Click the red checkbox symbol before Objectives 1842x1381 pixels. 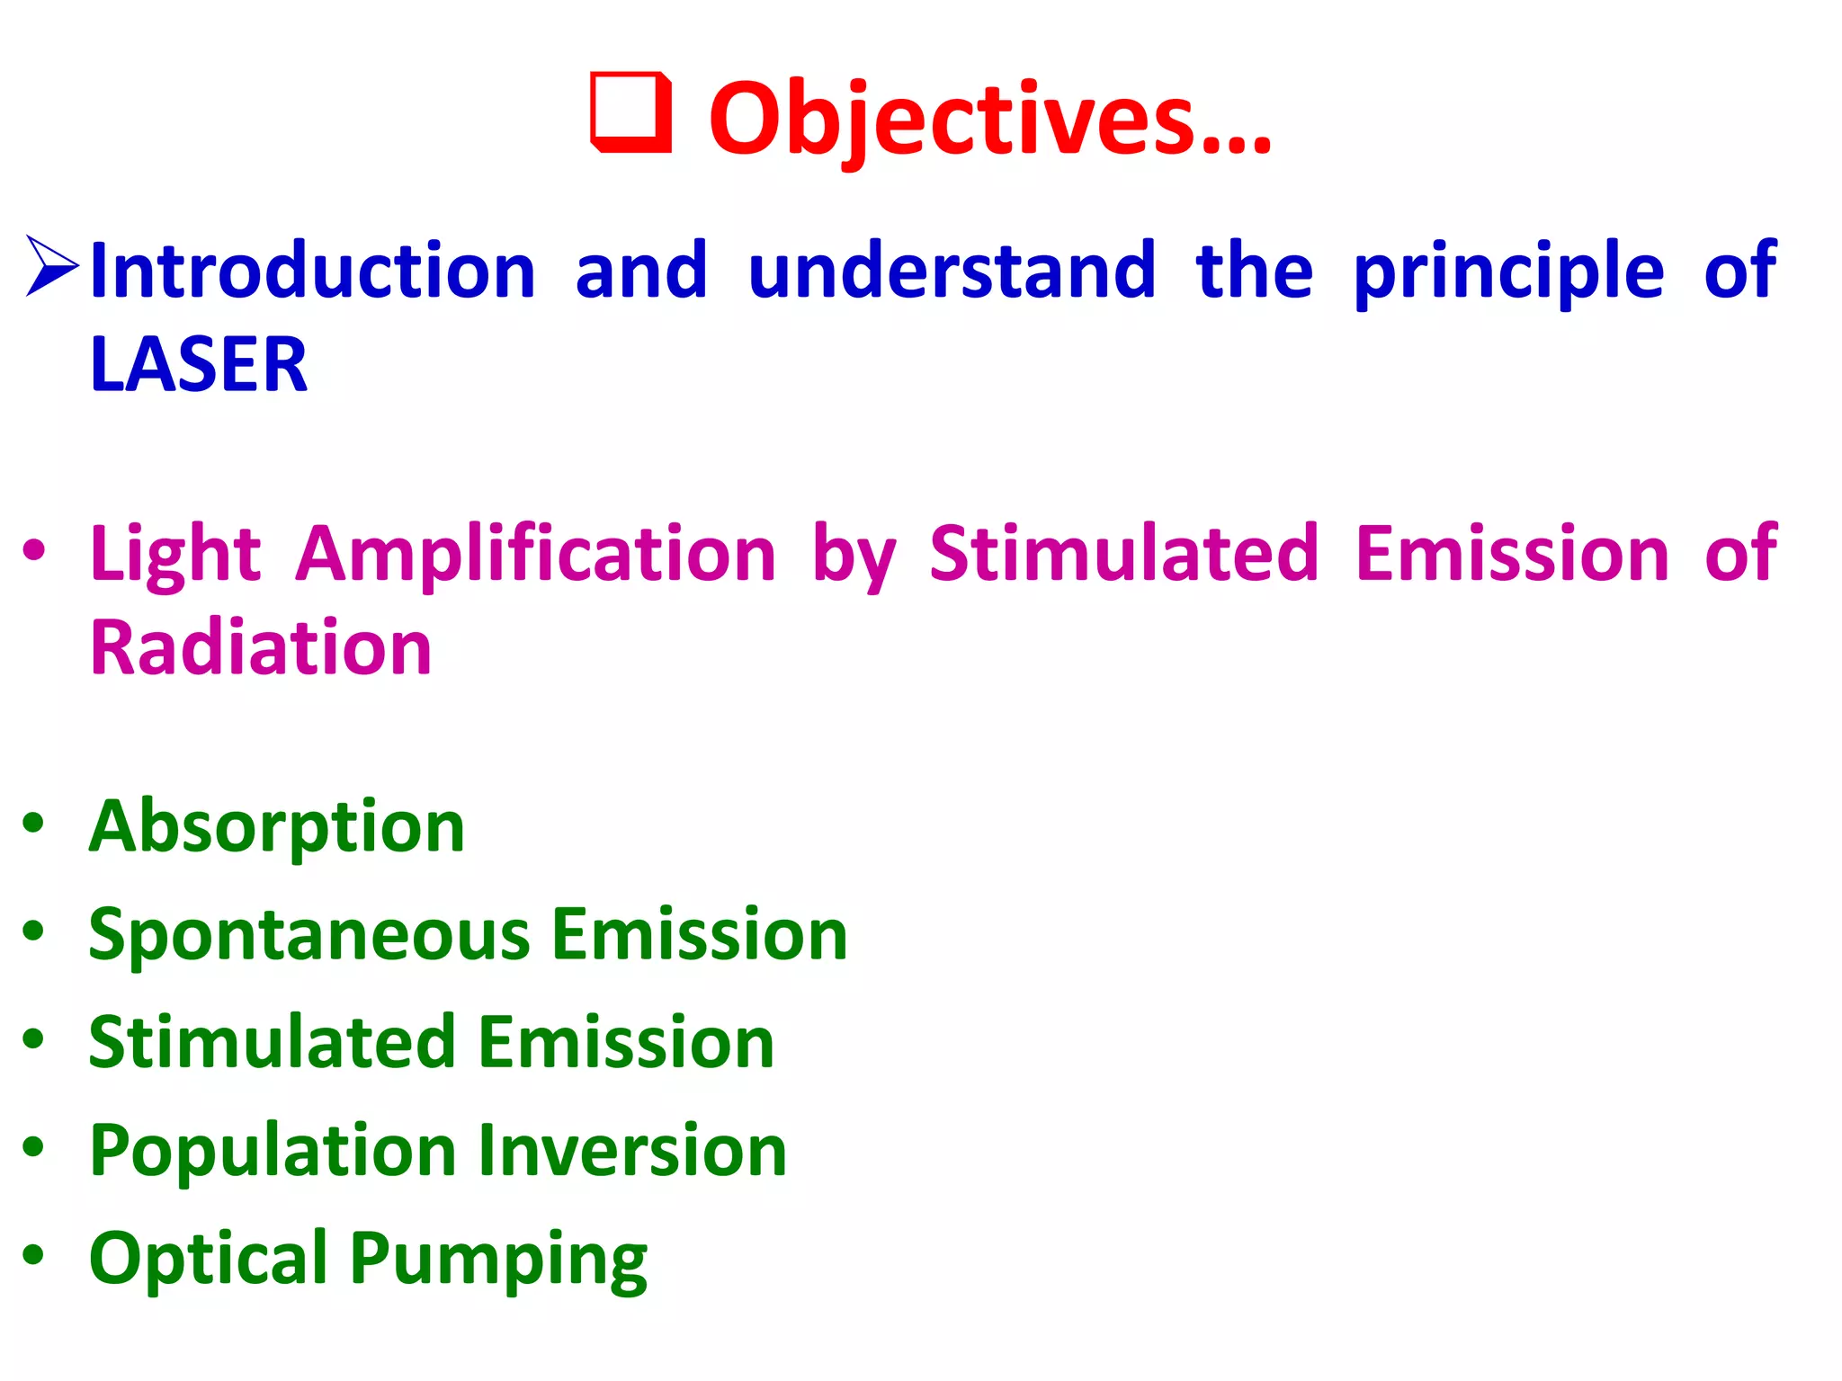630,113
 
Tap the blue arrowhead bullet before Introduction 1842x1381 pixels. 52,266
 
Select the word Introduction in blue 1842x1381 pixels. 313,271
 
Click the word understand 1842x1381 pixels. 952,271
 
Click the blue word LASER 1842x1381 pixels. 199,365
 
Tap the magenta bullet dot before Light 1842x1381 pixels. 33,550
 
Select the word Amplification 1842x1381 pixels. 536,555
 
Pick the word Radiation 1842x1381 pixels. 261,648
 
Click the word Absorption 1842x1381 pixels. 276,828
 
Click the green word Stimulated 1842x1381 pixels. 272,1043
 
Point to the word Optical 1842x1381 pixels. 208,1259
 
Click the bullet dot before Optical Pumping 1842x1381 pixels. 33,1254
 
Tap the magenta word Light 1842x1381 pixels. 175,555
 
